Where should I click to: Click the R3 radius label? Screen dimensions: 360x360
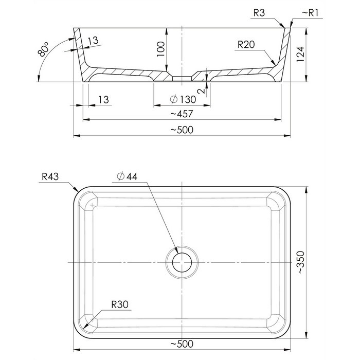click(259, 13)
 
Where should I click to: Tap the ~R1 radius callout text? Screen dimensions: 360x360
click(311, 13)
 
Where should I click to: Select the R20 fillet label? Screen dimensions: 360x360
click(246, 45)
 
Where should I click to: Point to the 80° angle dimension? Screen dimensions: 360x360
click(43, 49)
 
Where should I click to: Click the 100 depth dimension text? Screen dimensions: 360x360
click(160, 49)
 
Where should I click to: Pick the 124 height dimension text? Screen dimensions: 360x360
click(300, 54)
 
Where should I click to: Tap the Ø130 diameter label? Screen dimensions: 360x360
click(183, 100)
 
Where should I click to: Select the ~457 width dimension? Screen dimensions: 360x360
click(182, 114)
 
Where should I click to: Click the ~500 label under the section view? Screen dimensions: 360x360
click(182, 130)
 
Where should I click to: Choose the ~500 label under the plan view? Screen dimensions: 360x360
click(182, 344)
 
